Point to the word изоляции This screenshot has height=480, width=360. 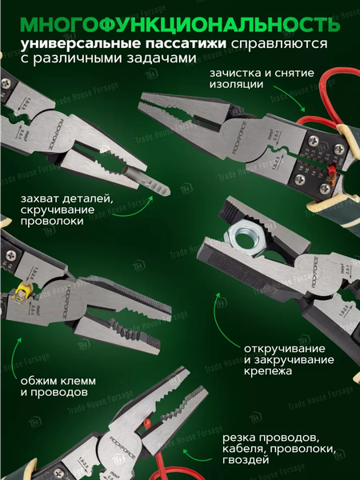[x=234, y=86]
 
